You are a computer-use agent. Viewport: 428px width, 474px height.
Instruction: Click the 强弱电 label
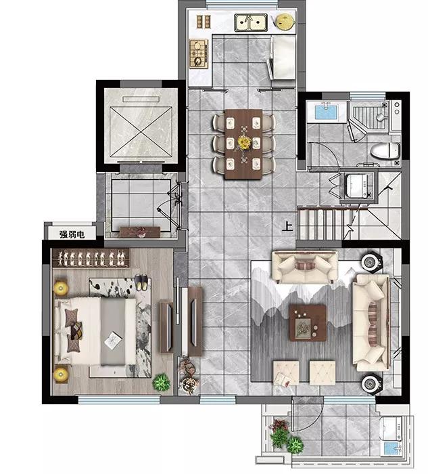[x=72, y=234]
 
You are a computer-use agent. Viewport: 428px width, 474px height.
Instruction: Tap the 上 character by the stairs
[x=287, y=227]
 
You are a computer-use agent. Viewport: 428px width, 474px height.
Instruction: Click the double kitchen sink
[x=251, y=22]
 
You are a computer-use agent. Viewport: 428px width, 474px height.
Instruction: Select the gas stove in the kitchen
[x=199, y=53]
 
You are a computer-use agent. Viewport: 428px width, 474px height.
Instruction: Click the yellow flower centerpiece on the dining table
[x=244, y=143]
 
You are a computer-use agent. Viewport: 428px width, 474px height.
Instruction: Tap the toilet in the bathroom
[x=385, y=150]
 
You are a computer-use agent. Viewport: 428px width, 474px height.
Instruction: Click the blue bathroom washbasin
[x=325, y=112]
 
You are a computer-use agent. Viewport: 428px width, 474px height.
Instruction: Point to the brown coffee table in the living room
[x=308, y=322]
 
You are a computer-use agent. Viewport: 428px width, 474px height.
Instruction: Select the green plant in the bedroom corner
[x=162, y=383]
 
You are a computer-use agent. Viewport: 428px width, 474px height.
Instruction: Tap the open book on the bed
[x=113, y=341]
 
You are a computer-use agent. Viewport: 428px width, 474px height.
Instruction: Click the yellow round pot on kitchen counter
[x=285, y=22]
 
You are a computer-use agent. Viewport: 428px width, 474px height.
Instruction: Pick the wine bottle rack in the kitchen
[x=204, y=22]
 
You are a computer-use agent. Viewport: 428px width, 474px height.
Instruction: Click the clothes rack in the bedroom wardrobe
[x=91, y=258]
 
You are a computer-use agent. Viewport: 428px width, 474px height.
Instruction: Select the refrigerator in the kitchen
[x=282, y=57]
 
